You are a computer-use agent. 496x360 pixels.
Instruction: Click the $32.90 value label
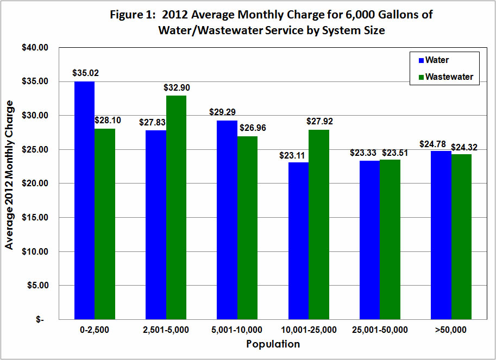point(177,87)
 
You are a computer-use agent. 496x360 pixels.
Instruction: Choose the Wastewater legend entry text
point(449,77)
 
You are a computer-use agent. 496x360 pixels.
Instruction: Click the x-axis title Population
point(273,344)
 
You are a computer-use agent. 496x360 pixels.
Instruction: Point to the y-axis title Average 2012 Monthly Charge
point(9,174)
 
